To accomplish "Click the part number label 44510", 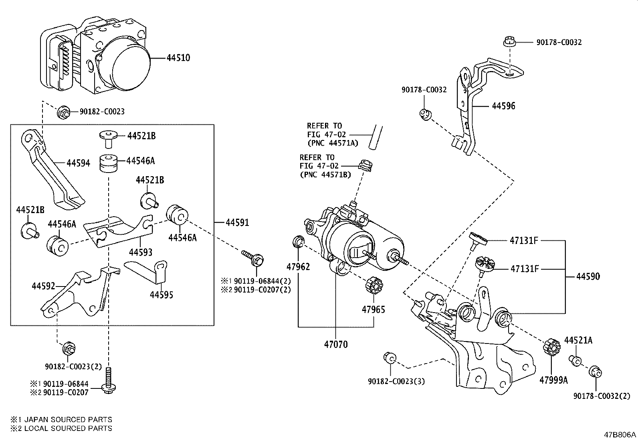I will point(178,58).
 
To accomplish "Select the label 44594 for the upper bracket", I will point(78,163).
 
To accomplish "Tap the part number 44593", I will point(141,252).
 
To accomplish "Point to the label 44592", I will point(43,286).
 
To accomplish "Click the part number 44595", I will point(162,295).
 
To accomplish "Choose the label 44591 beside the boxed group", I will point(237,222).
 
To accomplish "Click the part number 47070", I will point(336,344).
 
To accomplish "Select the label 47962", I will point(298,266).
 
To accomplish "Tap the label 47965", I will point(374,309).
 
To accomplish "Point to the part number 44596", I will point(503,106).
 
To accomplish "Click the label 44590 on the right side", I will point(588,276).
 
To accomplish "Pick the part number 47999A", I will point(553,380).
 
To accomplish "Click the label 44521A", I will point(578,341).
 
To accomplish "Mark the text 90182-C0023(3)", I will point(396,381).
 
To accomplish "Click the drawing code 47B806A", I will point(620,435).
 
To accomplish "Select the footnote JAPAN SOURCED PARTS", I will point(68,420).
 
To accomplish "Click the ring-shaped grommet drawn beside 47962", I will point(298,241).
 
